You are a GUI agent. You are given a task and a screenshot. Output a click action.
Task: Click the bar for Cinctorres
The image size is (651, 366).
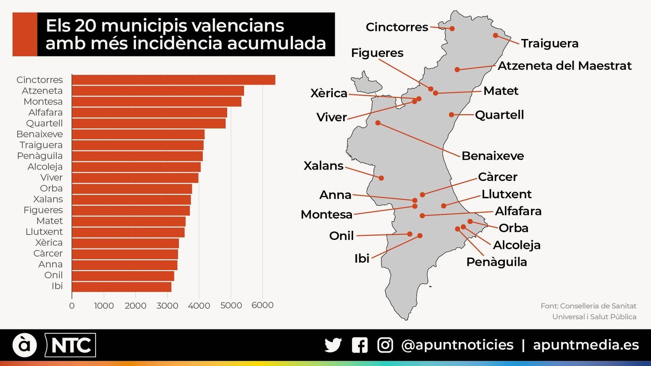click(173, 80)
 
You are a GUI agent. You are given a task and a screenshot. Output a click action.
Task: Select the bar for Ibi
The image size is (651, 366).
click(122, 286)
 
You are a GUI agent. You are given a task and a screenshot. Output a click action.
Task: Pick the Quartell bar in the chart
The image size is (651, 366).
click(149, 123)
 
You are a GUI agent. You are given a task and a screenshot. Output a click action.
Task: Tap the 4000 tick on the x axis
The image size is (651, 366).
click(199, 305)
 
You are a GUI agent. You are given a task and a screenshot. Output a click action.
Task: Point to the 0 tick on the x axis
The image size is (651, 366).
click(72, 305)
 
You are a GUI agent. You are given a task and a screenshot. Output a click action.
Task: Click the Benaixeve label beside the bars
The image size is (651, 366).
click(39, 134)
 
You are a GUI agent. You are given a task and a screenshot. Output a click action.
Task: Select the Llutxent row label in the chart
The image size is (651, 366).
click(44, 232)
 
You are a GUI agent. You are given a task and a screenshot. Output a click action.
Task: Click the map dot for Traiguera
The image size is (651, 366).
click(495, 35)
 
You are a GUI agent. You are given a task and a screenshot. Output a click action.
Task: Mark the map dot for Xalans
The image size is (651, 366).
click(381, 178)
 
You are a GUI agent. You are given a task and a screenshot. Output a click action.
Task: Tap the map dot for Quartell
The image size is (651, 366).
click(451, 115)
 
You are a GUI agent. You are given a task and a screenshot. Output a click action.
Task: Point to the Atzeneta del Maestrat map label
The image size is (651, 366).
click(564, 65)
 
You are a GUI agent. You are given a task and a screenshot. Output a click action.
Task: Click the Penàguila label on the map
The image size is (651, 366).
click(496, 262)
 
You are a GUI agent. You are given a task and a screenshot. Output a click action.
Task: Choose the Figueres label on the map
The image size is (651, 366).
click(377, 53)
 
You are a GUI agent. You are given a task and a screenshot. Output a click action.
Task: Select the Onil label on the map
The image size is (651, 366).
click(341, 235)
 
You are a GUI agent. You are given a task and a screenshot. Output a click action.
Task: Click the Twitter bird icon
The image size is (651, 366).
click(333, 345)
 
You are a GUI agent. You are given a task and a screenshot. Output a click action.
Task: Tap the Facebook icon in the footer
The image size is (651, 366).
click(360, 345)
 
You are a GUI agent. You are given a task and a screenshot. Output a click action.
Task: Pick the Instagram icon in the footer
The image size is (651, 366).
click(385, 345)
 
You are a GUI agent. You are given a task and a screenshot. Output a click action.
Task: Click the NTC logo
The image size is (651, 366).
click(70, 345)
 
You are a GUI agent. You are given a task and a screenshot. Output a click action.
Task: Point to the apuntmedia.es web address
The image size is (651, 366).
click(586, 345)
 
